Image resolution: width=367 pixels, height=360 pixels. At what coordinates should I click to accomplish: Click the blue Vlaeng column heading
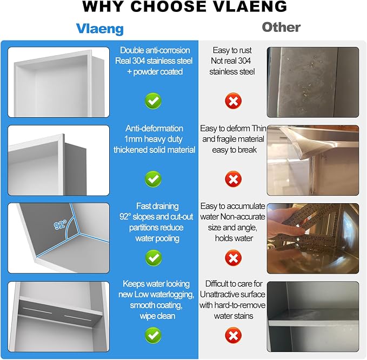(99, 29)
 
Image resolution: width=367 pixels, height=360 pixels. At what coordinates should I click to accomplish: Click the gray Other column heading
(281, 27)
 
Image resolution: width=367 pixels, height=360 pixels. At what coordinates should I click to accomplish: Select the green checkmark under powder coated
(153, 101)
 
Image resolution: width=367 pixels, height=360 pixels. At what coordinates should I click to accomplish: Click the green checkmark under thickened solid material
(153, 179)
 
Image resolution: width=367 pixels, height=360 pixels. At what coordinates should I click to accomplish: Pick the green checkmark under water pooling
(154, 258)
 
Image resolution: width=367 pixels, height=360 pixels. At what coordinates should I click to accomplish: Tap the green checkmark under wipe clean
(153, 336)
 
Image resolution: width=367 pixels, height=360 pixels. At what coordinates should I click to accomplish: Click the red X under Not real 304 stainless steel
(233, 101)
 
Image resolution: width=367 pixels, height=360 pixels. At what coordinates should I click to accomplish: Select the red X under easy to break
(233, 179)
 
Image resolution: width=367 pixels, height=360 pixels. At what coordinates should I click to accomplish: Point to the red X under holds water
(233, 258)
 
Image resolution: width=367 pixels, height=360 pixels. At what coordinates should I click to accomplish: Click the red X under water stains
(233, 336)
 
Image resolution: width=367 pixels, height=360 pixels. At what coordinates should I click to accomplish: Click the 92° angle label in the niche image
(61, 225)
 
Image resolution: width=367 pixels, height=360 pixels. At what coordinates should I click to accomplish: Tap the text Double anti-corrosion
(155, 50)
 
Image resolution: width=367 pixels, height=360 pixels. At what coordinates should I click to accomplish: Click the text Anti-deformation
(154, 128)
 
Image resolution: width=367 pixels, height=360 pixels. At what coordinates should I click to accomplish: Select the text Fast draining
(157, 206)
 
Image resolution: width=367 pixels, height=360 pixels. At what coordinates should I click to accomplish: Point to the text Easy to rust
(232, 50)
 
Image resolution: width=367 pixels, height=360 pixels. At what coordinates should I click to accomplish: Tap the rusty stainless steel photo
(313, 82)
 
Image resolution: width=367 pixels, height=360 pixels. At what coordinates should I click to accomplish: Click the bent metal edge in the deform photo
(302, 143)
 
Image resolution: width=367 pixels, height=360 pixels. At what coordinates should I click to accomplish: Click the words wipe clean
(157, 316)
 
